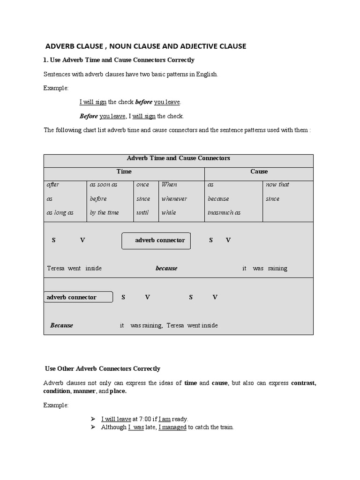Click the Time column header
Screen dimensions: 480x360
124,172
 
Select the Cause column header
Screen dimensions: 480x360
259,172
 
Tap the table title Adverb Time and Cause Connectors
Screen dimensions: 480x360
179,158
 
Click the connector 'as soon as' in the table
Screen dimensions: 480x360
103,185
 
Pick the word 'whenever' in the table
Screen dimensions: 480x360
174,199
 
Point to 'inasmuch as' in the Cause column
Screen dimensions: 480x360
224,213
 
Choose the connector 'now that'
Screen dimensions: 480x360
277,185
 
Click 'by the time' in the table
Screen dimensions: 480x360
104,213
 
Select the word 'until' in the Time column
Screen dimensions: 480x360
142,213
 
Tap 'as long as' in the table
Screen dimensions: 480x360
60,213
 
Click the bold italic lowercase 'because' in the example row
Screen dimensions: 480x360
166,269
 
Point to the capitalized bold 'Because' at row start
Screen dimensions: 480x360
61,325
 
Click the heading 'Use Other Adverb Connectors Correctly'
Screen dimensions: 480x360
102,369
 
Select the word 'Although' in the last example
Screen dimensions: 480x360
113,427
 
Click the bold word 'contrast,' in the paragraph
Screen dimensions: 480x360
303,383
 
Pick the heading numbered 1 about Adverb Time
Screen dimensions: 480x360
119,60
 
